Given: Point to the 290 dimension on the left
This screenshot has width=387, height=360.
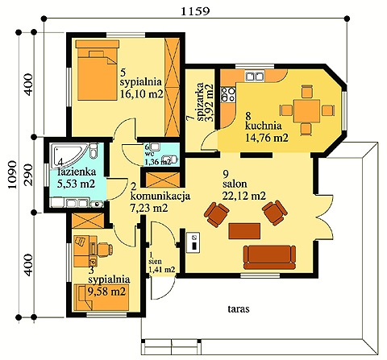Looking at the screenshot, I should click(28, 176).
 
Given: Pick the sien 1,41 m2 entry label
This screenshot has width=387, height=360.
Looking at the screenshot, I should click(161, 265).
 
